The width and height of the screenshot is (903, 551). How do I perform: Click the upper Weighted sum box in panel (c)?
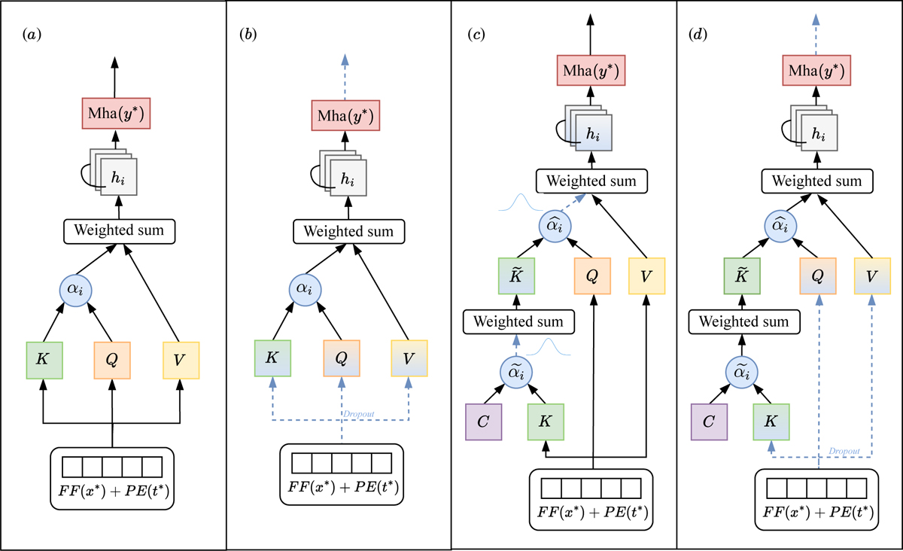pos(591,181)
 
